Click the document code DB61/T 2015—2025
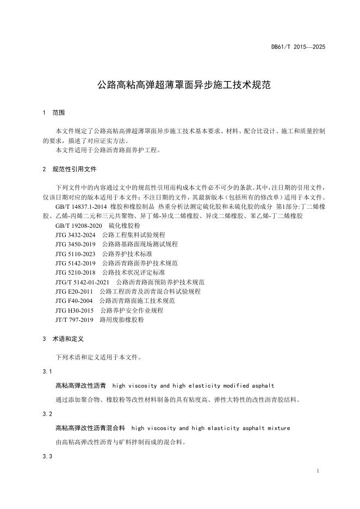tap(298, 47)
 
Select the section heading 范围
tap(58, 113)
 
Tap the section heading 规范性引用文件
tap(74, 169)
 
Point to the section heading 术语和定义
tap(67, 338)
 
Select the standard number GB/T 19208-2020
tap(79, 225)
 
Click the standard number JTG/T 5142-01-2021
tap(83, 282)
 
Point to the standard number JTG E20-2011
tap(75, 291)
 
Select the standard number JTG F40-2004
tap(74, 300)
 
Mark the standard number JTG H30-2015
tap(75, 310)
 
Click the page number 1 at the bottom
tap(317, 470)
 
